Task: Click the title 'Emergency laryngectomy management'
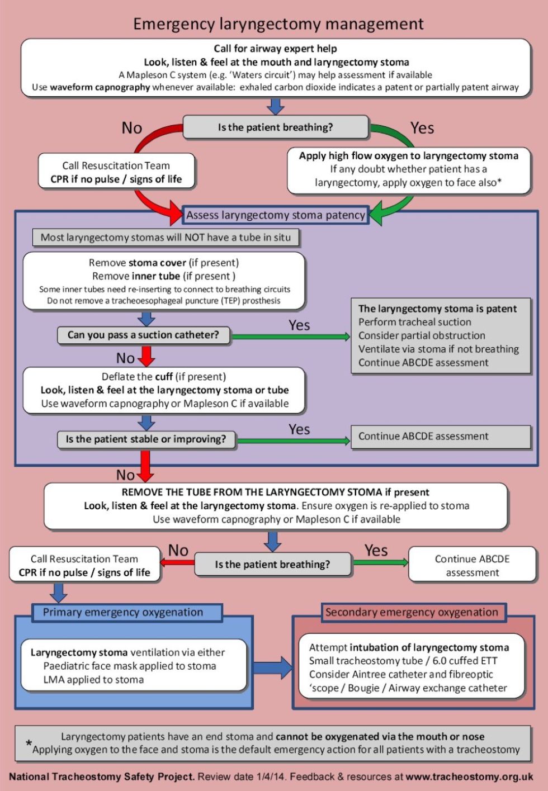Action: (x=278, y=24)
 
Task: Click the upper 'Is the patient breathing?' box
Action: (x=275, y=127)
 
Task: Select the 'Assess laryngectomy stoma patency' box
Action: (x=275, y=215)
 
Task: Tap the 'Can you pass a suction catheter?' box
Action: (x=143, y=335)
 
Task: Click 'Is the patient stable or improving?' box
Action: (x=146, y=439)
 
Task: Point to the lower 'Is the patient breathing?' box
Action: (x=272, y=565)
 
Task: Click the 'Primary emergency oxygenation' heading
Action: (x=123, y=612)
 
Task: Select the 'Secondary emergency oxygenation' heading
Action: (x=412, y=612)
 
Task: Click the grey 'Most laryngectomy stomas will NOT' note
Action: (x=166, y=238)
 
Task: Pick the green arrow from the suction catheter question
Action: (x=291, y=337)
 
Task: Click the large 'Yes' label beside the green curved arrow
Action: (x=422, y=129)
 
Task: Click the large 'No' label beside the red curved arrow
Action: (x=132, y=129)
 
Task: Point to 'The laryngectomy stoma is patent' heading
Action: (x=437, y=309)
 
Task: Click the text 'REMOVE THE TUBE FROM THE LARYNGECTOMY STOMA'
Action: (x=252, y=492)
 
